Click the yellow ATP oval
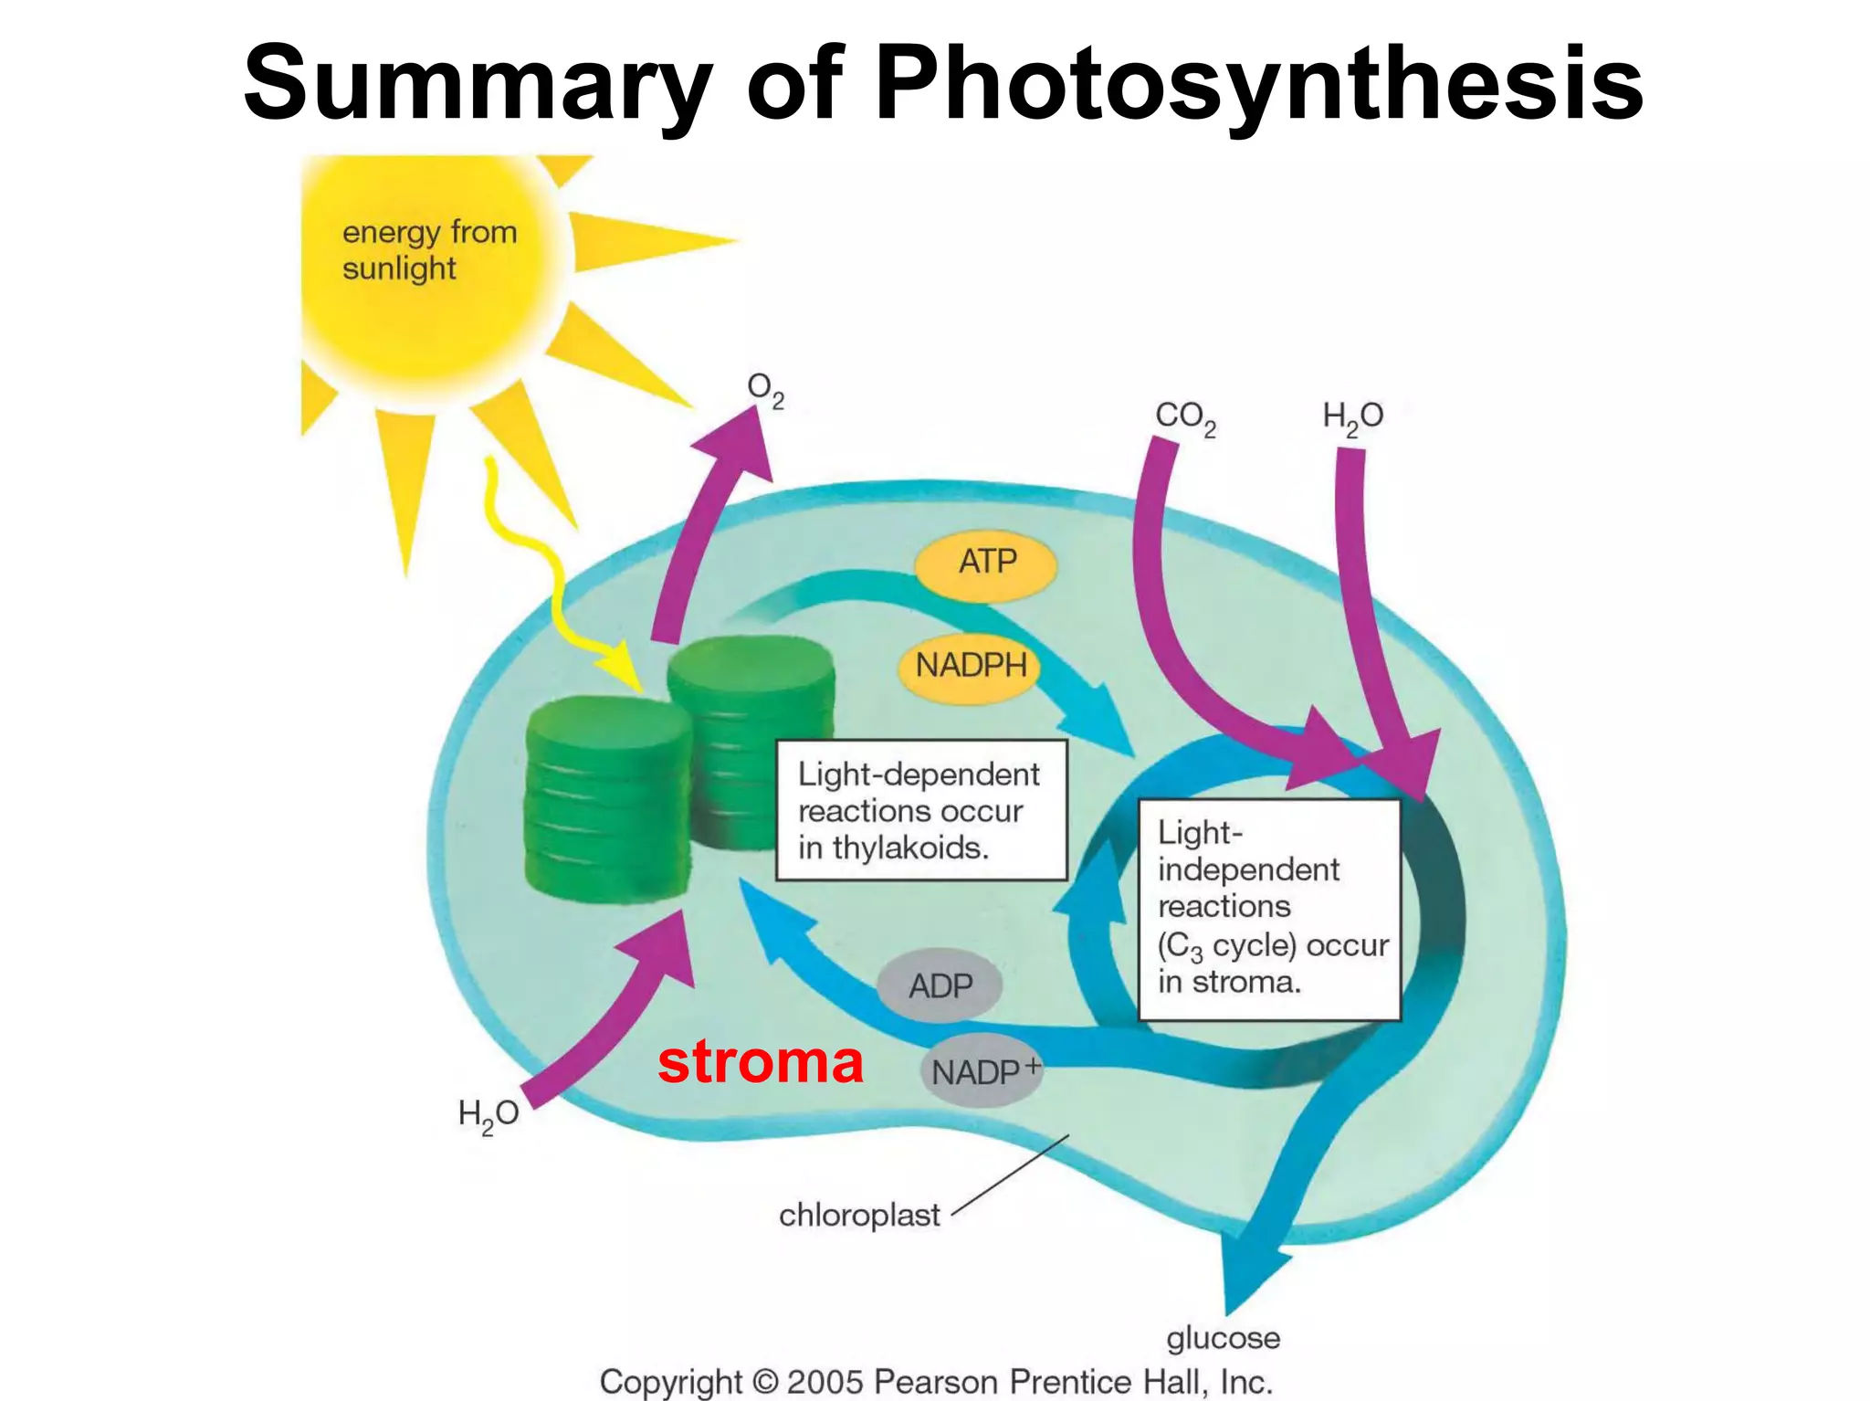coord(986,562)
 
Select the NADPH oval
coord(971,666)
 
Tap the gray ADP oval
coord(940,986)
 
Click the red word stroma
coord(760,1062)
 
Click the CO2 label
coord(1185,417)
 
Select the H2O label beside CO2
coord(1352,417)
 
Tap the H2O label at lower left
coord(489,1115)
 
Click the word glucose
coord(1223,1338)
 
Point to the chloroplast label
coord(858,1216)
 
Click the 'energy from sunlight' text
coord(429,250)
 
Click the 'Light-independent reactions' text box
coord(1269,909)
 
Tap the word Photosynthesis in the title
coord(1259,84)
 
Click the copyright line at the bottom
coord(936,1381)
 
